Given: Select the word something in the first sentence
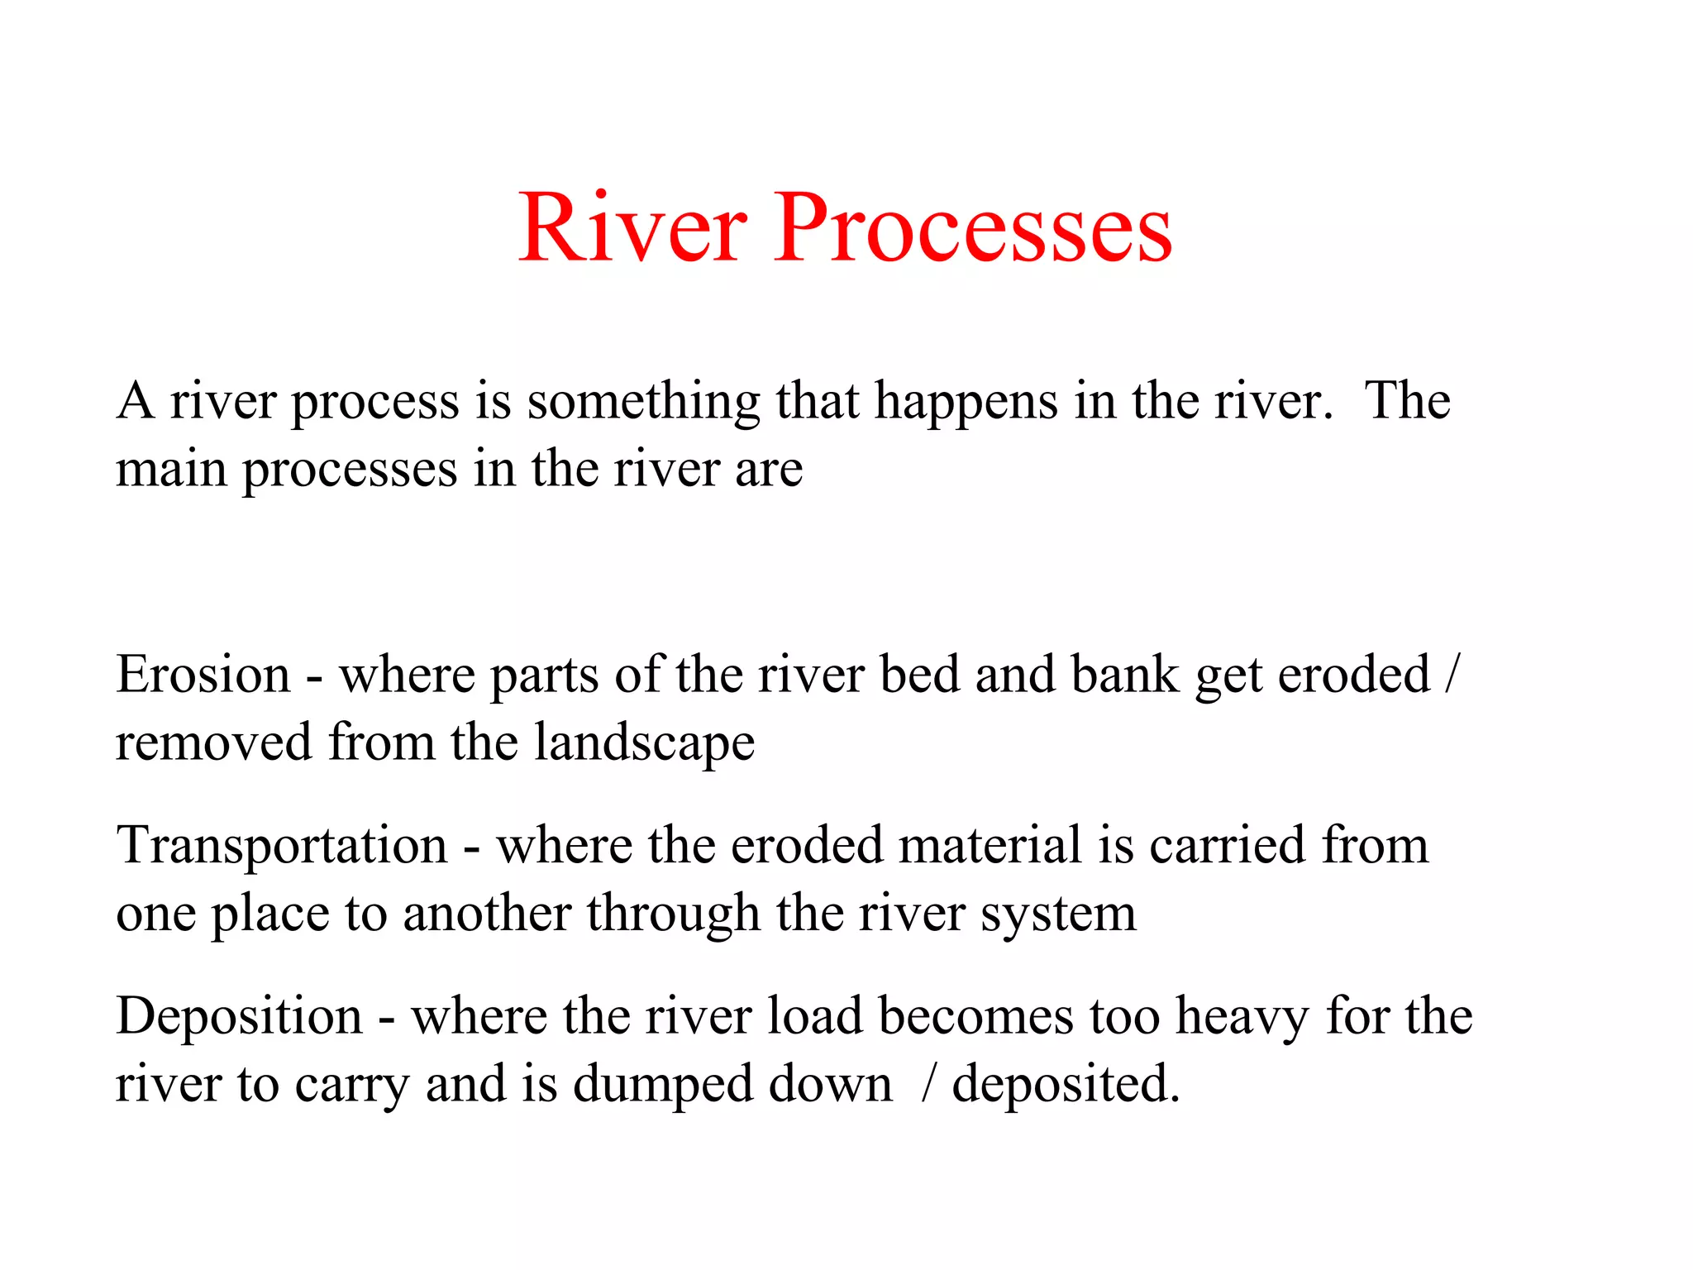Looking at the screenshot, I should point(643,403).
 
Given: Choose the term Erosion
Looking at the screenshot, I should point(203,675).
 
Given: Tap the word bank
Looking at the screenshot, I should point(1125,675).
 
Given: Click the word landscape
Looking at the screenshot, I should point(644,743).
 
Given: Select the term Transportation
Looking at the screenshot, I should point(282,846).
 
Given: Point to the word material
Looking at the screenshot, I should point(990,846).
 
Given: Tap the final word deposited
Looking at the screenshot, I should point(1066,1085).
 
